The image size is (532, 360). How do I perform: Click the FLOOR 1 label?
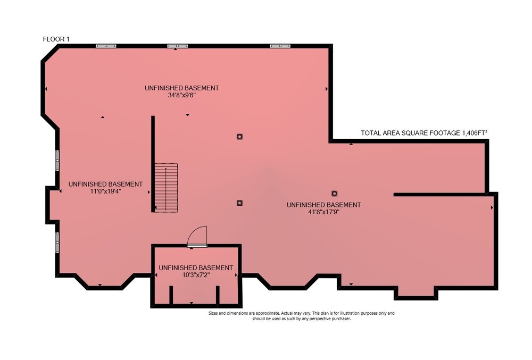click(56, 39)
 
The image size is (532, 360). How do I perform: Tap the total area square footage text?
click(424, 133)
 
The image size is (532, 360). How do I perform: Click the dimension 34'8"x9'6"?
click(182, 95)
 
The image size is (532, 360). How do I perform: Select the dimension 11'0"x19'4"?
click(105, 191)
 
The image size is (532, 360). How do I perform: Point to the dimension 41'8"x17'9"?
click(323, 212)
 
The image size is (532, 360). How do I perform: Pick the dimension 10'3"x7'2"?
click(196, 275)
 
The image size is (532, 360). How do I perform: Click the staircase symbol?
click(166, 188)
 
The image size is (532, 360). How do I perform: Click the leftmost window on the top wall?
click(106, 46)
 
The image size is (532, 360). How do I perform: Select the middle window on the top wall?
click(178, 46)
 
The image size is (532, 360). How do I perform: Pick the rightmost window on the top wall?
click(280, 46)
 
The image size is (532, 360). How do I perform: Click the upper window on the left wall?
click(57, 161)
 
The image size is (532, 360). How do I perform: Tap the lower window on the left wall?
click(57, 242)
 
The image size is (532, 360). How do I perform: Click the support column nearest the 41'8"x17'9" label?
click(335, 194)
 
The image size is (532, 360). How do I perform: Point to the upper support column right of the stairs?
click(239, 137)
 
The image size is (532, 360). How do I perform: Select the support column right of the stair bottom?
click(239, 203)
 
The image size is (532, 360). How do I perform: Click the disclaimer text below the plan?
click(301, 316)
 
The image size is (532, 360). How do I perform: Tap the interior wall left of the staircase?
click(153, 164)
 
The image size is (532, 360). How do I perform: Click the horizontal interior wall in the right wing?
click(440, 195)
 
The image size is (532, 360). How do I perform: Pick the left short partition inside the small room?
click(171, 295)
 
